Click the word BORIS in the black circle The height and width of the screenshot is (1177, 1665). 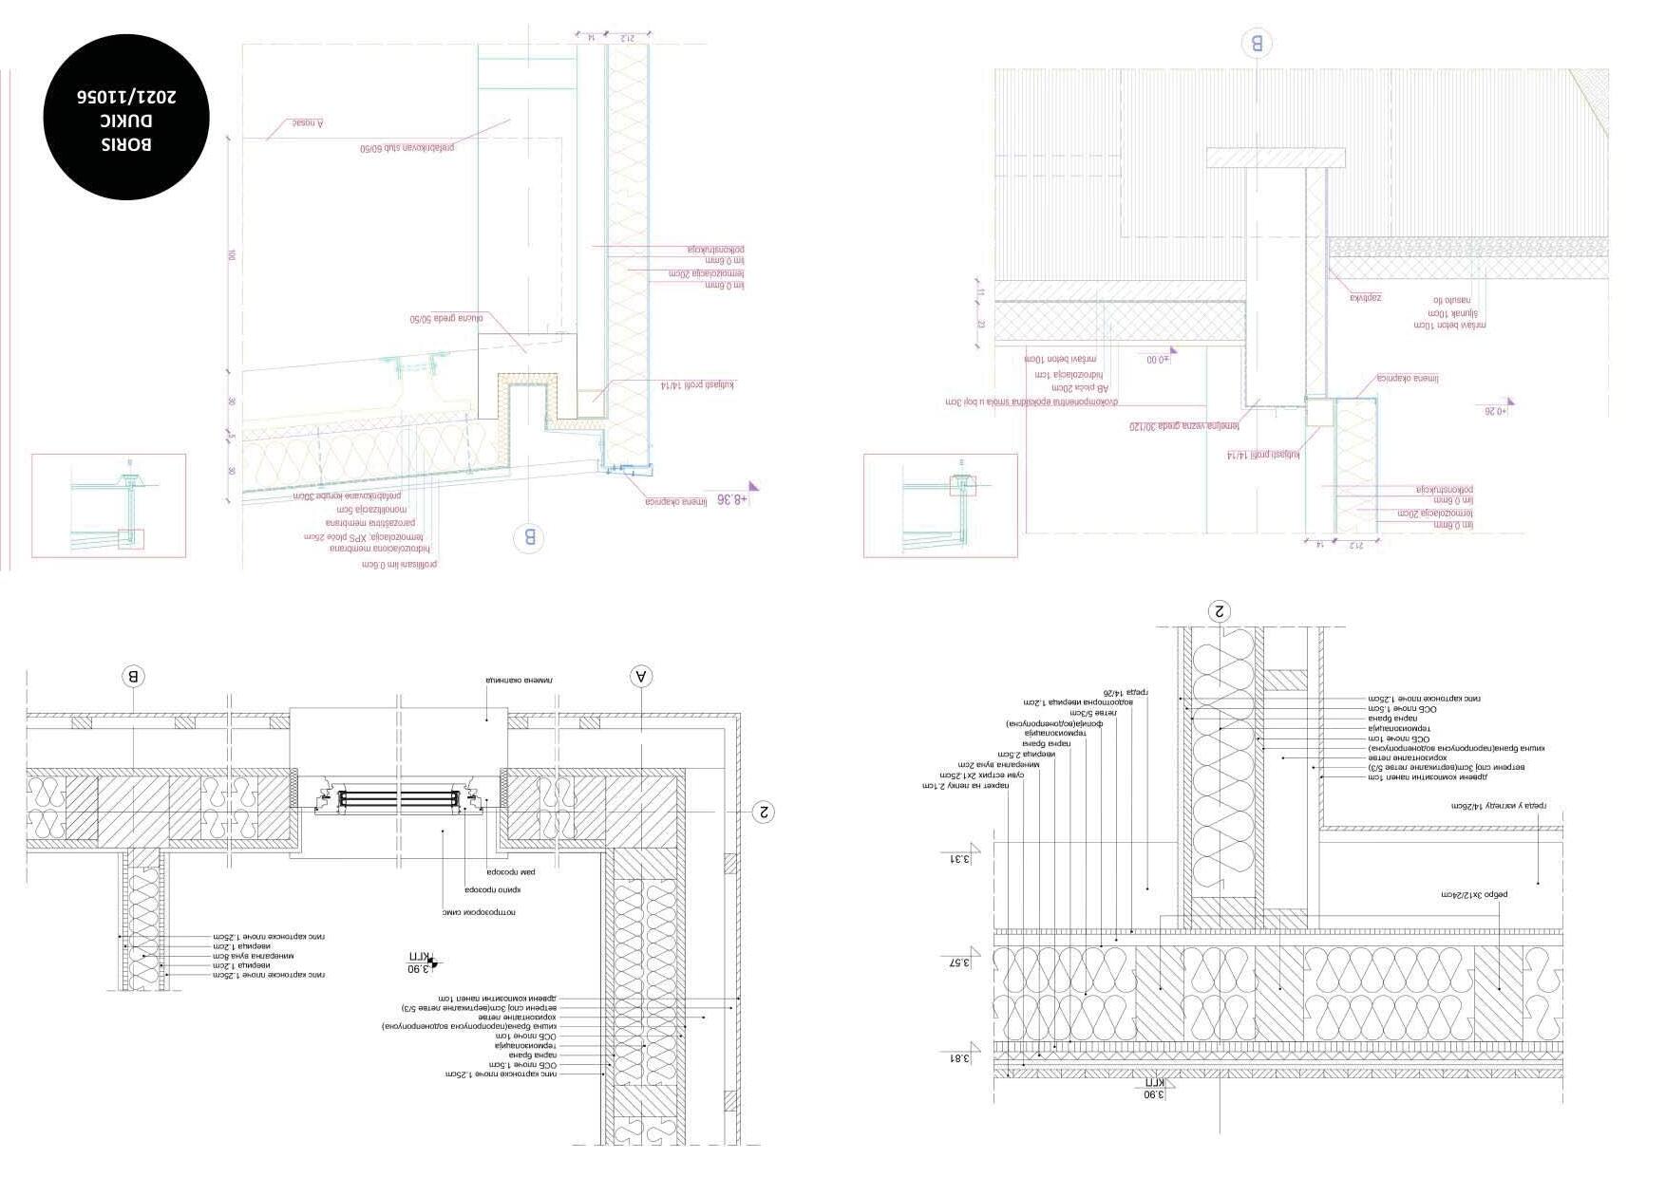(x=126, y=144)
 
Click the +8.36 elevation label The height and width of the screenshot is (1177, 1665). (x=732, y=498)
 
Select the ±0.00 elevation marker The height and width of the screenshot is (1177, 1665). (x=1157, y=360)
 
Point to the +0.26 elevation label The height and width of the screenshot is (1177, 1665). (x=1496, y=411)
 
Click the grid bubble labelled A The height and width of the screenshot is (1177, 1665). (x=642, y=676)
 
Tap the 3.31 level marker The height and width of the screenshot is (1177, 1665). (x=961, y=859)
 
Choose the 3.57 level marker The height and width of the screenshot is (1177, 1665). (x=961, y=962)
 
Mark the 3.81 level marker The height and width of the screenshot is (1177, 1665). (x=961, y=1058)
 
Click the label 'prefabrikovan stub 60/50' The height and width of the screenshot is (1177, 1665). (x=407, y=148)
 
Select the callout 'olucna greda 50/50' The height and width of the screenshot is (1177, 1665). (x=446, y=319)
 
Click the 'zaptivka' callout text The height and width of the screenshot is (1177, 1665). (x=1366, y=298)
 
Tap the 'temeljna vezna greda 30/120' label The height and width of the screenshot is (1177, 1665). (x=1184, y=427)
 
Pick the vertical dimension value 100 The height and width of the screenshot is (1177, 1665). (x=231, y=255)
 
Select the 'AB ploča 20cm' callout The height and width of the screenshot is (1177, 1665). (x=1079, y=388)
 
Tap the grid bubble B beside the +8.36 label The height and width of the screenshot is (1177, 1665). (x=529, y=538)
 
